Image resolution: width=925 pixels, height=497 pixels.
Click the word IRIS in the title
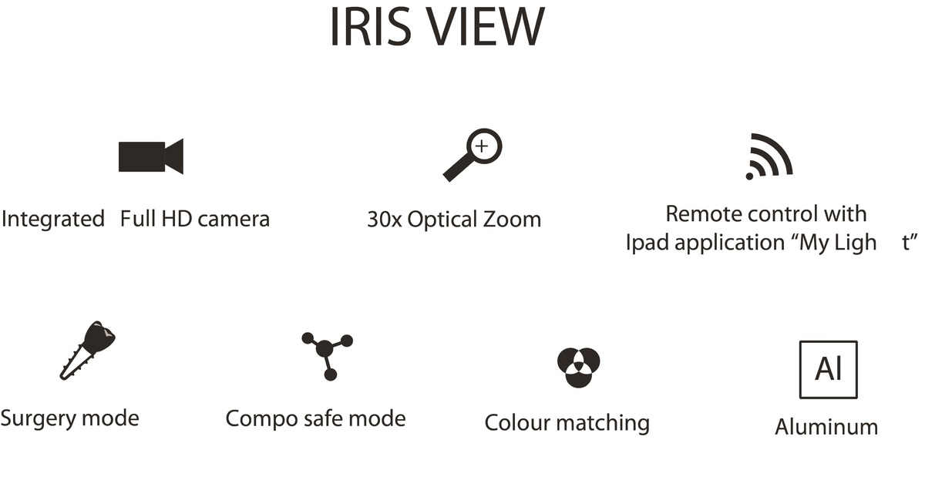pos(371,27)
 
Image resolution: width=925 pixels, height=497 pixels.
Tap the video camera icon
pos(151,156)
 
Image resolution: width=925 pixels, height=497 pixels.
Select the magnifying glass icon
pos(473,155)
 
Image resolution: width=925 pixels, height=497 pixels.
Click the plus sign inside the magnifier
pos(482,146)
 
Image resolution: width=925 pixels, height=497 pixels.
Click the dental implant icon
pos(88,350)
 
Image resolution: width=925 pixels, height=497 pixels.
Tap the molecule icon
pos(327,356)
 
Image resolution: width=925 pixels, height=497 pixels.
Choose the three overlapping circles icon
pos(579,368)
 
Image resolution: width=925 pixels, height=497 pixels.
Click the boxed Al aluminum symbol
pos(829,369)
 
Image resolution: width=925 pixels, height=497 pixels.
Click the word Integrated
pos(53,219)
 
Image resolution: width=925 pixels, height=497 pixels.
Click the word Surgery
pos(39,419)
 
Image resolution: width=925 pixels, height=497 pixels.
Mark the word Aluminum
pos(826,427)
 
